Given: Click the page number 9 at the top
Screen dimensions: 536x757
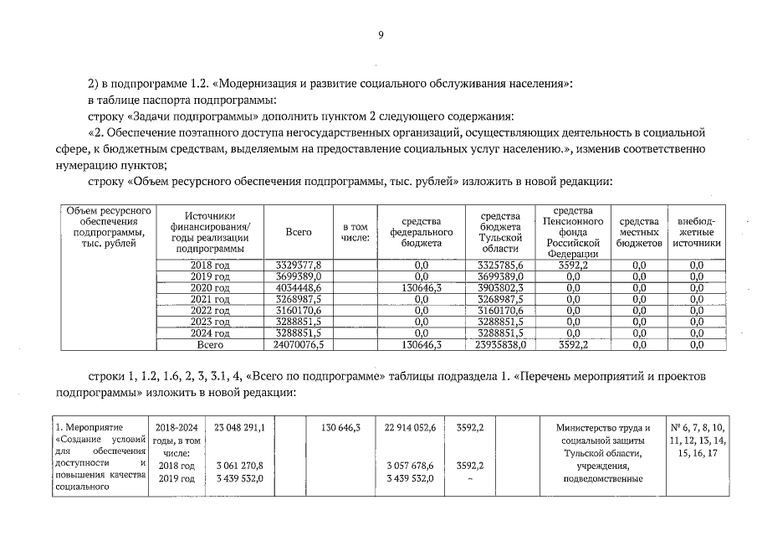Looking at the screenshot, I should point(381,34).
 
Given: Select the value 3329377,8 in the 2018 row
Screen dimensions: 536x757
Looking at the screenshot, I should point(299,265).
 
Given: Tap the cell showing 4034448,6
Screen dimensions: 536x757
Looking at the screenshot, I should point(299,287).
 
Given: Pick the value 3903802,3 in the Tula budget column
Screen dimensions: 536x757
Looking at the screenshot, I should point(501,287).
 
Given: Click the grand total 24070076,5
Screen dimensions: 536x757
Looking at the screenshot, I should point(299,343).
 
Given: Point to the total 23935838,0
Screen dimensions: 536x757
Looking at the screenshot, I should point(501,343).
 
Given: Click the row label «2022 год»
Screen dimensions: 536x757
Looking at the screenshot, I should point(210,310).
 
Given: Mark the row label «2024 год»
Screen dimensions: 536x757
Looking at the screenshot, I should point(210,332).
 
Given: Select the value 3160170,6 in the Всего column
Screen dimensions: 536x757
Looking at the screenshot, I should point(299,310).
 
